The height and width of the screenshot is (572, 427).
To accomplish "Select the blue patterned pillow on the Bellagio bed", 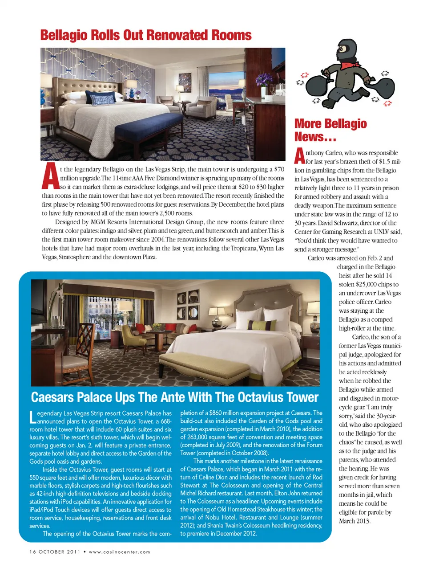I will tap(102, 98).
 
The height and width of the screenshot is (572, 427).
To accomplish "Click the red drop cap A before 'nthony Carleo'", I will tap(300, 156).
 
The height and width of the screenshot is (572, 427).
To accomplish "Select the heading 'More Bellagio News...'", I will tap(330, 130).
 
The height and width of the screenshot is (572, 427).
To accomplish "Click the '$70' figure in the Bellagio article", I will tap(279, 169).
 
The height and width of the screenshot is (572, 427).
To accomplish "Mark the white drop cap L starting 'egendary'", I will tap(32, 417).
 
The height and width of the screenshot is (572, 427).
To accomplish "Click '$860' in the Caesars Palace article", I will tap(215, 413).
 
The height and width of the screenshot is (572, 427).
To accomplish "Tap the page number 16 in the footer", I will tap(33, 552).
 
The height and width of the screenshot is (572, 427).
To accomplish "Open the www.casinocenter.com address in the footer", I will tap(119, 552).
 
